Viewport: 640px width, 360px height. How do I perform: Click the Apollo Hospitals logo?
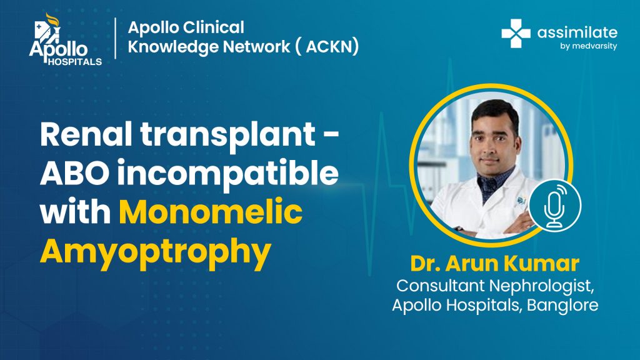click(65, 39)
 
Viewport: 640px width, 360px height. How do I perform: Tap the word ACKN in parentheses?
click(332, 46)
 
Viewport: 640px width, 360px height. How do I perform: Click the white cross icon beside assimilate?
click(516, 34)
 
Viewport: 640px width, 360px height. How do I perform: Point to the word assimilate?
click(577, 32)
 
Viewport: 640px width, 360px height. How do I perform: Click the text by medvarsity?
click(589, 46)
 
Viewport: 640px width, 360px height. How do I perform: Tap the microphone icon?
click(555, 206)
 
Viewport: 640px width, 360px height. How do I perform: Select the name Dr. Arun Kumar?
click(495, 263)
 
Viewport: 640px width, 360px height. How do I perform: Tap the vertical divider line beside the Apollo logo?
click(116, 38)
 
